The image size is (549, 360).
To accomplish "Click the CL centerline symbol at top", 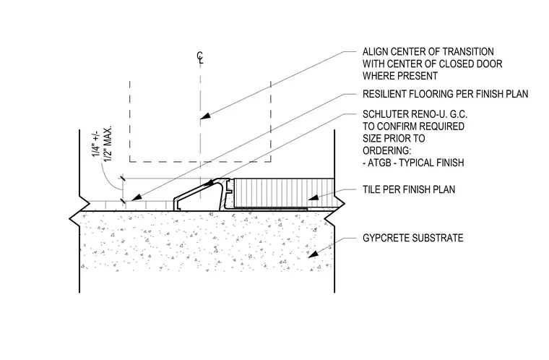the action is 200,58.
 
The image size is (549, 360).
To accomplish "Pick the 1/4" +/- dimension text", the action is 96,144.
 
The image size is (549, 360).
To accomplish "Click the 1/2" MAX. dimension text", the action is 108,144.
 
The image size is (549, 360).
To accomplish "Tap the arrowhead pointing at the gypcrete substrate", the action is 313,254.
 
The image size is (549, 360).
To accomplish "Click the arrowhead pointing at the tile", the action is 314,197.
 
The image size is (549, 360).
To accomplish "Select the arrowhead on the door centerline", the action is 205,116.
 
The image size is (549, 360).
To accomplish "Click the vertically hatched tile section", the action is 284,193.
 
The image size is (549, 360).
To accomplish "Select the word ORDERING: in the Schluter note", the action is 387,151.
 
